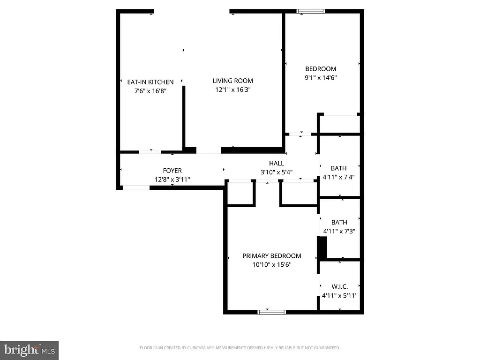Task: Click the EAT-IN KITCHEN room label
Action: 150,82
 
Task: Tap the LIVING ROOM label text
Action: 233,81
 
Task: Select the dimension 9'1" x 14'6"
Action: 321,78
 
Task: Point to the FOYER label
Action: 172,171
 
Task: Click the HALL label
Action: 277,163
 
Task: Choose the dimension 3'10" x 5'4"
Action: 277,172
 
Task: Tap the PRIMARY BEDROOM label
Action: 271,256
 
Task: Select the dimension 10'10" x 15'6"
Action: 271,265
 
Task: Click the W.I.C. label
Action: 339,286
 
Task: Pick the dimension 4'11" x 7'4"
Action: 339,177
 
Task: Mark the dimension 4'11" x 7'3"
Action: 339,231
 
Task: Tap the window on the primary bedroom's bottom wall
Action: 271,311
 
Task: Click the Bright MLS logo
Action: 29,350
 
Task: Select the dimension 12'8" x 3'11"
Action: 172,180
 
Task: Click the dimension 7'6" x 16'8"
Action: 150,91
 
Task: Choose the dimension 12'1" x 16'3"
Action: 233,90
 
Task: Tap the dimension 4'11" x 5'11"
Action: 339,295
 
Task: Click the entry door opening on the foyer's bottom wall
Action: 136,187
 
